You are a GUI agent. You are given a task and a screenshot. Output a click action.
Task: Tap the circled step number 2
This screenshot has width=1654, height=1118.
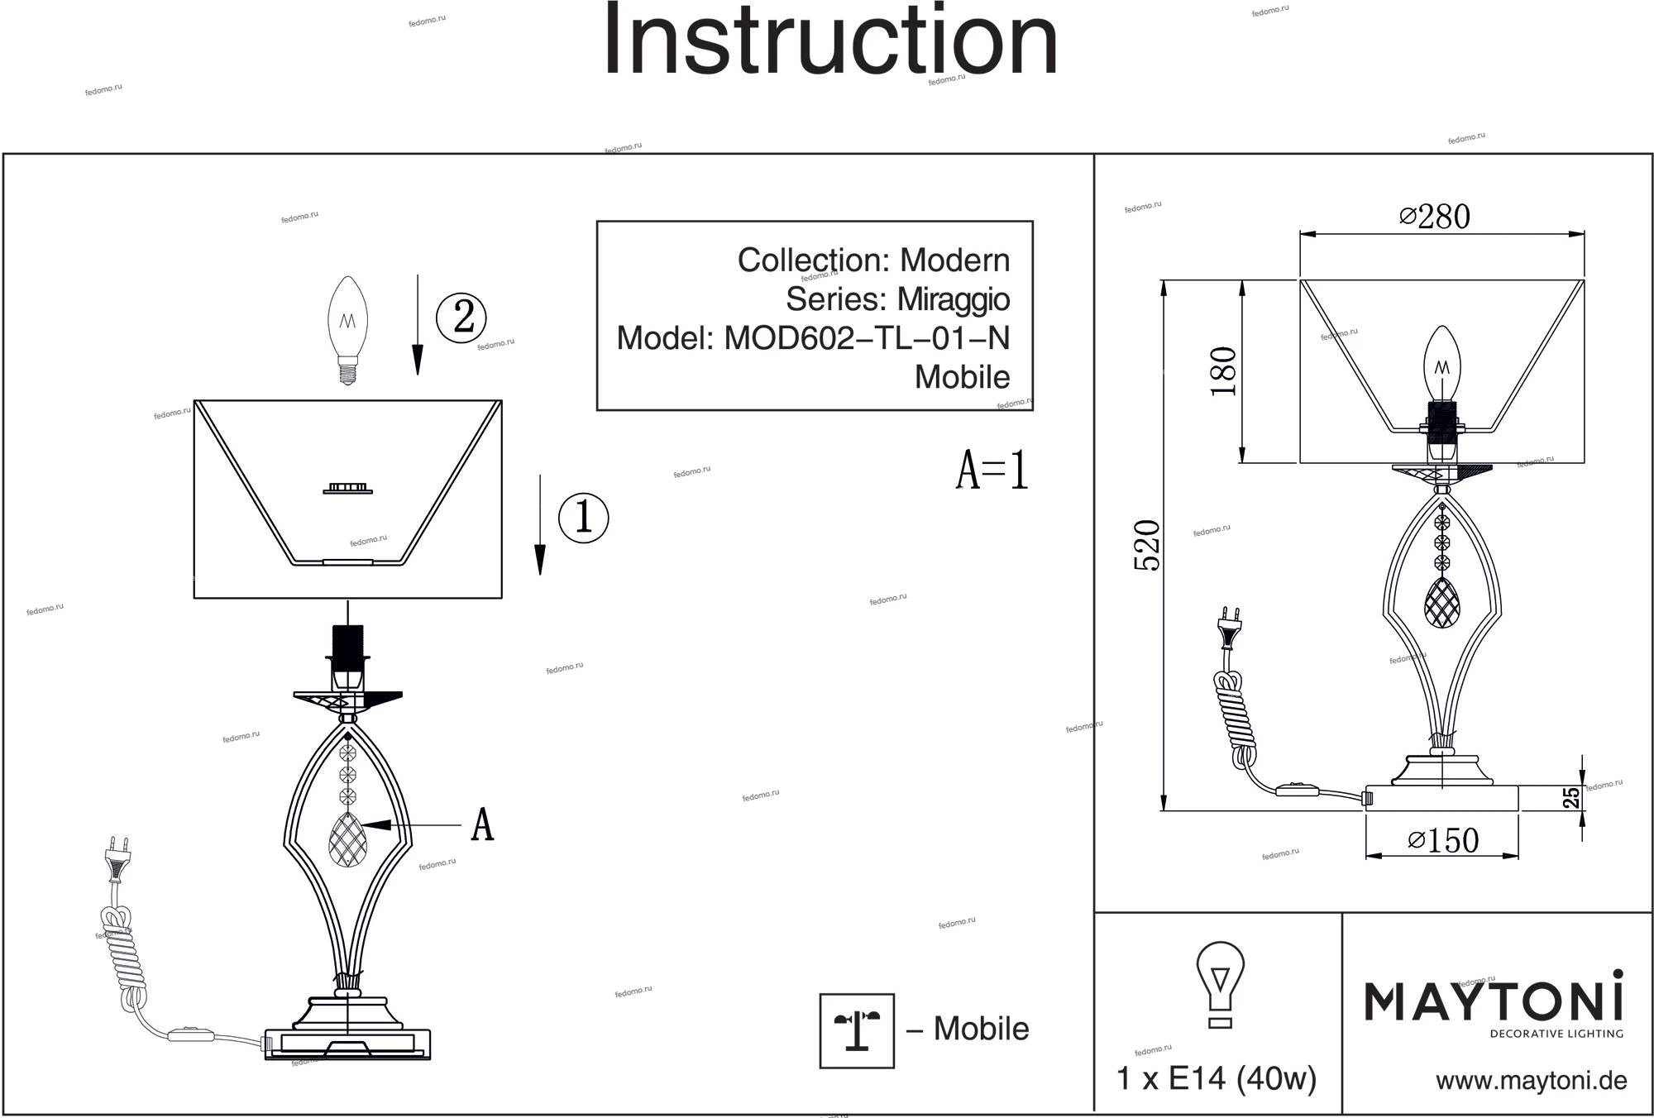pos(461,317)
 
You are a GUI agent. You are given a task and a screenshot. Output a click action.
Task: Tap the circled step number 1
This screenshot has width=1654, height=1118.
pos(584,518)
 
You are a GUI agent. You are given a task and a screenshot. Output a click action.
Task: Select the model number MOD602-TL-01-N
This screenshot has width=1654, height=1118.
pos(867,338)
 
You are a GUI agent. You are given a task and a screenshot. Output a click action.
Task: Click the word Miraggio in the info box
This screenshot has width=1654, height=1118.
pos(954,299)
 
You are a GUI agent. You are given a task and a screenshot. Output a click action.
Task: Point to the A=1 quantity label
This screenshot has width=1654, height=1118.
pos(992,471)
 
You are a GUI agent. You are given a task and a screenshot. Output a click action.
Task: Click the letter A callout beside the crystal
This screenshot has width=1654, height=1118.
pos(482,824)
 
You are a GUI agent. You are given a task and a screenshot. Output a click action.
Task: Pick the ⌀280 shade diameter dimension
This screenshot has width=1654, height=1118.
pos(1435,217)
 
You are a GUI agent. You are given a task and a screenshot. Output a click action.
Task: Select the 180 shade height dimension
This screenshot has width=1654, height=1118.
pos(1223,371)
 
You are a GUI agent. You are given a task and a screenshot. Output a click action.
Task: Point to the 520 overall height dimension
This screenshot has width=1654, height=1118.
pos(1147,545)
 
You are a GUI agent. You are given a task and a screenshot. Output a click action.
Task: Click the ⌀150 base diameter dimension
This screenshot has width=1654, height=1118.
pos(1443,840)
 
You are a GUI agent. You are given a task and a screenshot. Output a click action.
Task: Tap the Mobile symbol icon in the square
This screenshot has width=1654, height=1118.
pos(857,1030)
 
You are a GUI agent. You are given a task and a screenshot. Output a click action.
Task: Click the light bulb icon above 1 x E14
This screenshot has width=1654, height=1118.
pos(1220,984)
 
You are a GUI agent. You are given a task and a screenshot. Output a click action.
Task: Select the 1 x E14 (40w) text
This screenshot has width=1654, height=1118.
pos(1216,1078)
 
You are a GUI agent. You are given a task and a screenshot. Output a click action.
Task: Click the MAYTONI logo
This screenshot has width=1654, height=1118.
pos(1494,1003)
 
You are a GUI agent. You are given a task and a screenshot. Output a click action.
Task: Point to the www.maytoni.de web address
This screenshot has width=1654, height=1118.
pos(1531,1081)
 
